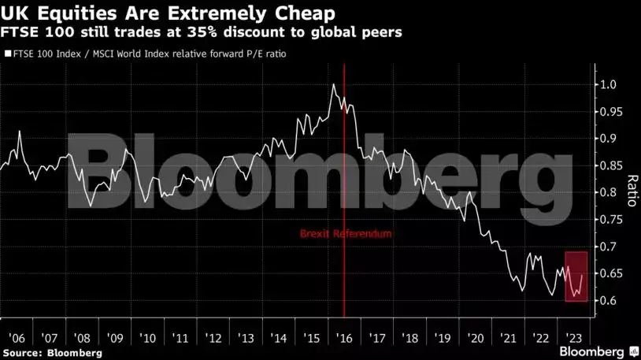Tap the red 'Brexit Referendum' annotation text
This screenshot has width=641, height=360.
pos(345,234)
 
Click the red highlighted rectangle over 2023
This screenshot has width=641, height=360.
pos(576,276)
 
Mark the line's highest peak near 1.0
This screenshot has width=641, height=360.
pos(334,84)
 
